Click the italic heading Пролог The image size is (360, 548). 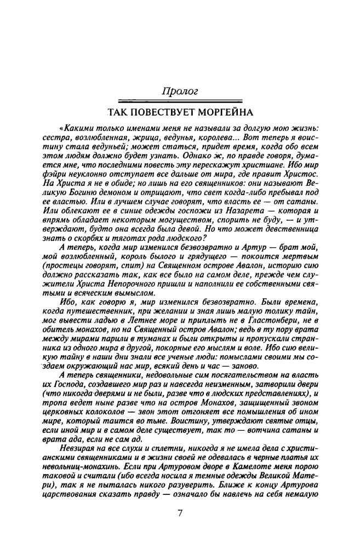click(180, 89)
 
